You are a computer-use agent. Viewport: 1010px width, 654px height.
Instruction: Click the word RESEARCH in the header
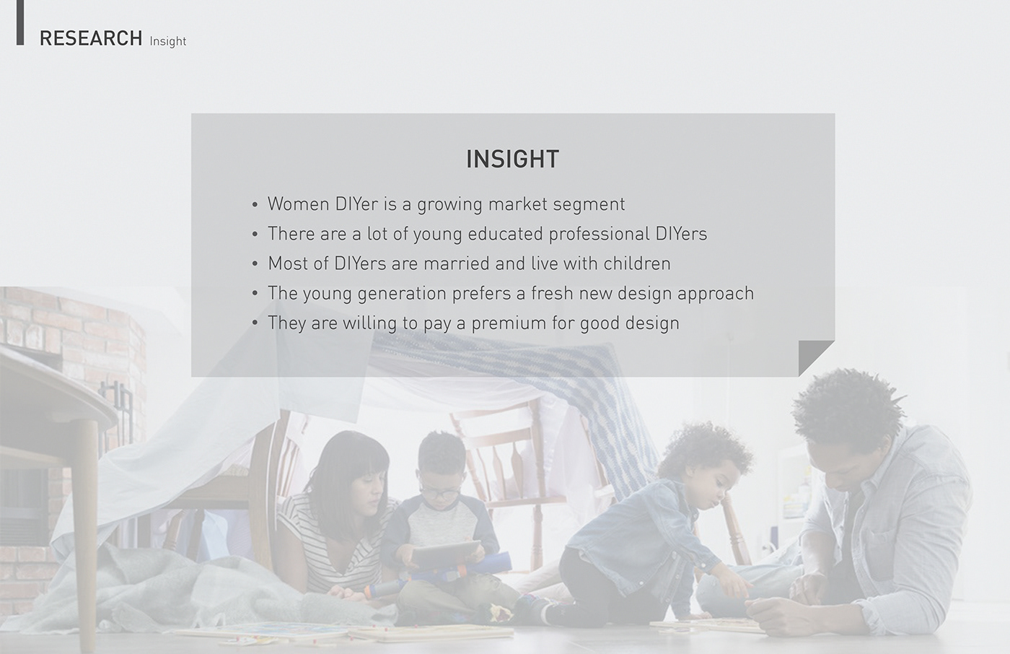[x=91, y=38]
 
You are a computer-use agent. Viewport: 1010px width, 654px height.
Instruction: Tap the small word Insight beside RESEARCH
[x=167, y=41]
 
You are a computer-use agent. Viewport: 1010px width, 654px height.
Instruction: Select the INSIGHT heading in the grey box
[x=513, y=160]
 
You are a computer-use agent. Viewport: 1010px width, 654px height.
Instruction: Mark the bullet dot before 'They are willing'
[x=255, y=323]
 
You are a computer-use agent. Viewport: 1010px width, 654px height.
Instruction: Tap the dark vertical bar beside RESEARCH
[x=20, y=22]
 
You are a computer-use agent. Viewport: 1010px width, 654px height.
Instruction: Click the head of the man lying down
[x=843, y=433]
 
